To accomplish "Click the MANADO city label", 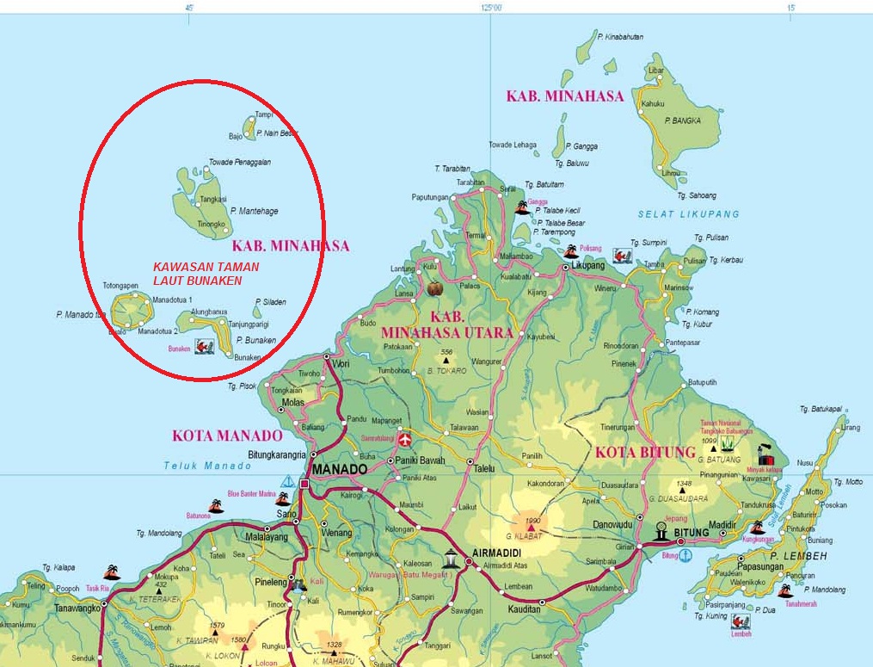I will point(340,469).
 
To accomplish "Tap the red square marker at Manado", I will point(304,485).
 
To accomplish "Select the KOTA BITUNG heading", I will point(644,452).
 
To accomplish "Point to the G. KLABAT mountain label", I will point(528,534).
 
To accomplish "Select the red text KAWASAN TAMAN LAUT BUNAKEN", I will point(206,274).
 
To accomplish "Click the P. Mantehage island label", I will point(254,211).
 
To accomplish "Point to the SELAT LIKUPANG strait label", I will point(688,213).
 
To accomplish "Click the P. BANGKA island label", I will point(683,120).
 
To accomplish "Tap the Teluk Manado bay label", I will point(207,466).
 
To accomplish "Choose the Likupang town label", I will point(590,267).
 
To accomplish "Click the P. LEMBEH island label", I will point(798,556).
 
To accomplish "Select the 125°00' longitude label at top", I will point(491,7).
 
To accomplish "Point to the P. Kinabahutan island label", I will point(624,37).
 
